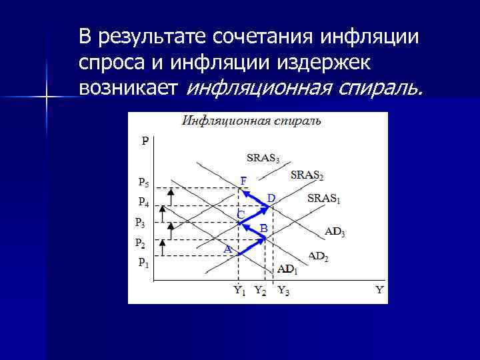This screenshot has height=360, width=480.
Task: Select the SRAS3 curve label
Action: click(x=263, y=159)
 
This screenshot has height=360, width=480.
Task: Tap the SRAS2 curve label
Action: click(x=307, y=175)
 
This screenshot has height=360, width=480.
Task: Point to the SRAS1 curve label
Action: click(x=324, y=199)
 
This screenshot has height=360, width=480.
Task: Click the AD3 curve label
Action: click(x=335, y=232)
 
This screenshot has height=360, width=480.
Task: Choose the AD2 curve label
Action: click(x=318, y=256)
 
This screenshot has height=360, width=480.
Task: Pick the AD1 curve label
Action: click(x=287, y=269)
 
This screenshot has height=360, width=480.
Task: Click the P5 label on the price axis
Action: click(x=143, y=181)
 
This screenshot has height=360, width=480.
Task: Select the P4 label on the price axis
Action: click(x=143, y=201)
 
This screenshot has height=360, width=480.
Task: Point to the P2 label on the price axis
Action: click(x=140, y=242)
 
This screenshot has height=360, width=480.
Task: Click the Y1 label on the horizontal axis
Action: click(x=239, y=290)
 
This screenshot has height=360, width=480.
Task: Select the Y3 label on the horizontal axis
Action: click(x=283, y=290)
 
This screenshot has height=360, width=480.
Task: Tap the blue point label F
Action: click(x=243, y=181)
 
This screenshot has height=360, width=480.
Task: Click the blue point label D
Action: click(x=271, y=198)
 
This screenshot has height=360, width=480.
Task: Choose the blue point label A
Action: click(x=227, y=249)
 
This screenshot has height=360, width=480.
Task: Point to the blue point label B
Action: click(x=263, y=228)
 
